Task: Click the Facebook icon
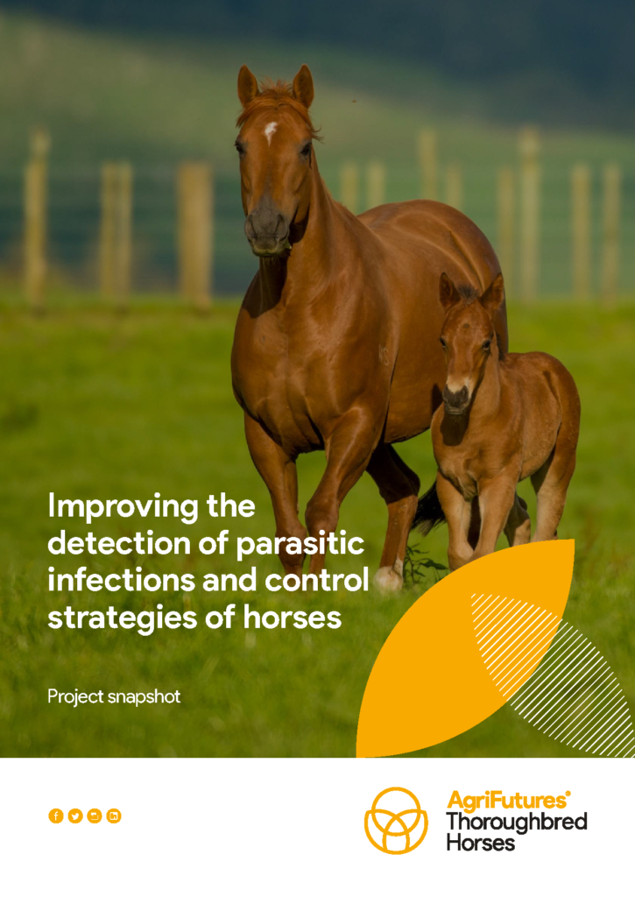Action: pyautogui.click(x=55, y=816)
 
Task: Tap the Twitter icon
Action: pyautogui.click(x=75, y=816)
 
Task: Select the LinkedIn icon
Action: pyautogui.click(x=114, y=816)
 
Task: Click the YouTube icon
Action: pyautogui.click(x=95, y=816)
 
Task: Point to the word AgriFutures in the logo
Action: pyautogui.click(x=506, y=801)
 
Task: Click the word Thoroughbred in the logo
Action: pyautogui.click(x=517, y=823)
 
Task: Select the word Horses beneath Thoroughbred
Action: pyautogui.click(x=481, y=844)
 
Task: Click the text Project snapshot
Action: pyautogui.click(x=114, y=696)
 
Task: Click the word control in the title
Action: pyautogui.click(x=317, y=580)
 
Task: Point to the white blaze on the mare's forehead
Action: pyautogui.click(x=270, y=132)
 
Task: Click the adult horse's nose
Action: pyautogui.click(x=267, y=226)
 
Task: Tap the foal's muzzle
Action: pyautogui.click(x=456, y=398)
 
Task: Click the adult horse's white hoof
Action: pyautogui.click(x=388, y=578)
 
